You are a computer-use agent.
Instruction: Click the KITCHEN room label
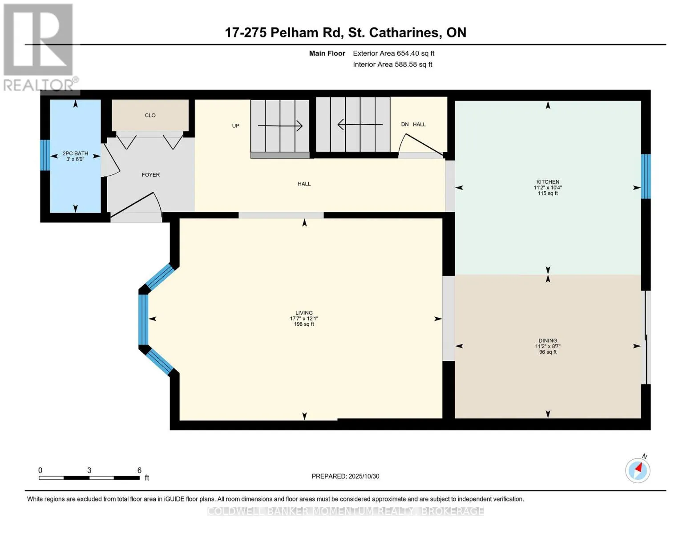click(x=547, y=182)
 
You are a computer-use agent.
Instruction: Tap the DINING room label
click(x=547, y=341)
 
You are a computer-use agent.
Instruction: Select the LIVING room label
click(x=304, y=313)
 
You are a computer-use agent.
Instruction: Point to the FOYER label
click(x=150, y=175)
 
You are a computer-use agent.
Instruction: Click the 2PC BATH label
click(x=75, y=154)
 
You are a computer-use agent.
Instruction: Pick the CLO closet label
click(x=150, y=115)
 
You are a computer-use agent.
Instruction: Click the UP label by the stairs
click(x=236, y=125)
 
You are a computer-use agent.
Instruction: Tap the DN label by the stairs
click(x=405, y=125)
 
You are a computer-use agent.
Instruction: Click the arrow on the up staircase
click(x=280, y=126)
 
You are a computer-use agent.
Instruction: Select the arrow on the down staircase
click(x=360, y=125)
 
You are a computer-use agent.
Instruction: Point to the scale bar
click(x=89, y=477)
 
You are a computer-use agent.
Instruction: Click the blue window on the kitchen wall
click(x=646, y=176)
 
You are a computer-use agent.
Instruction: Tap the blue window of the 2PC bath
click(x=44, y=155)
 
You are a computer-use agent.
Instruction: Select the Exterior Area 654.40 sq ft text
click(x=393, y=53)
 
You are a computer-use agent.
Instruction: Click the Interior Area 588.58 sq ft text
click(x=392, y=65)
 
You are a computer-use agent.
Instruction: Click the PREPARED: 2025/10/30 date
click(x=345, y=476)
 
